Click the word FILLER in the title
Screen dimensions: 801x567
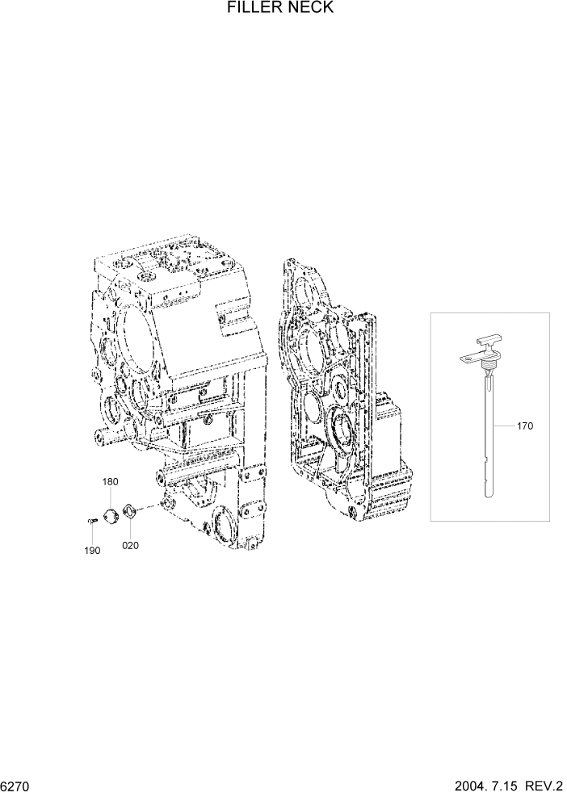(x=254, y=9)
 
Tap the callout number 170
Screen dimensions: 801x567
(x=524, y=426)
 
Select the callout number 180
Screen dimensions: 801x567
(x=110, y=482)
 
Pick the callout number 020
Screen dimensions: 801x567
(x=130, y=545)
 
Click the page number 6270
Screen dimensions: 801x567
(x=16, y=786)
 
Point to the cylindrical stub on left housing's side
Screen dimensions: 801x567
(x=103, y=437)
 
